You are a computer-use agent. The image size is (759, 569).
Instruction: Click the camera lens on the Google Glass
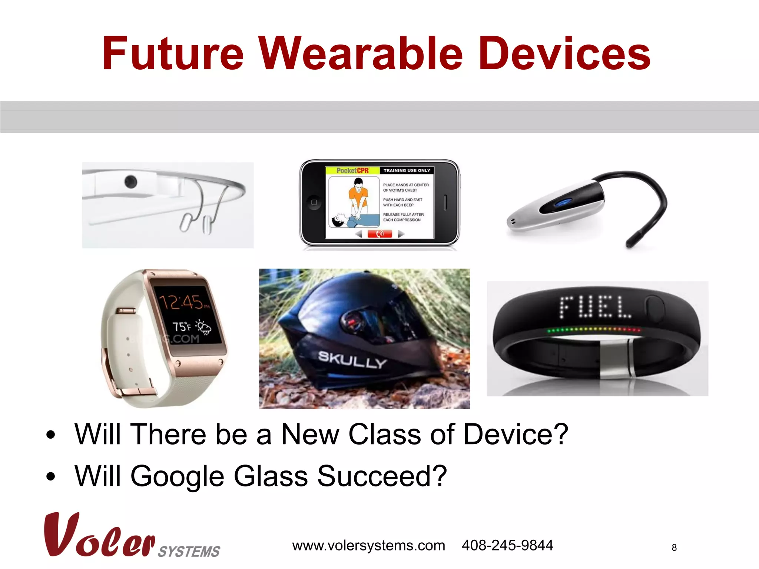point(130,182)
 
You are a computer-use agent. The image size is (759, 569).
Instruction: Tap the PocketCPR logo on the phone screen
point(352,170)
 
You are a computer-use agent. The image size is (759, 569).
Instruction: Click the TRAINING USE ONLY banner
point(407,170)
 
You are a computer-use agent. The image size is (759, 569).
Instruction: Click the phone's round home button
point(314,202)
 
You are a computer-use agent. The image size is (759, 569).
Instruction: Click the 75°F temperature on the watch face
point(182,327)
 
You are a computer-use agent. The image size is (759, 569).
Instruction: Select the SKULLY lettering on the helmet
point(352,359)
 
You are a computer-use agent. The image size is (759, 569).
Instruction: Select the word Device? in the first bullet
point(516,434)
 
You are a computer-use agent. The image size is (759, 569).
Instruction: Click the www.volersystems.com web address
point(368,546)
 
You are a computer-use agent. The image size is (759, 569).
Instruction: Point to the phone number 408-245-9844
point(507,545)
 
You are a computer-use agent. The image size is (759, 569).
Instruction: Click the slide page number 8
point(674,548)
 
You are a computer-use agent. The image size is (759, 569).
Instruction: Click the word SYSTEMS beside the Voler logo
point(189,552)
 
